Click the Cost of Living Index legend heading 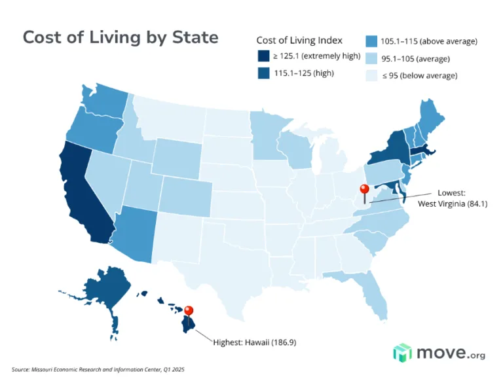299,40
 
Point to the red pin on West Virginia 365,191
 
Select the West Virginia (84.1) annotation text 453,204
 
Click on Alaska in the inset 105,288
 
